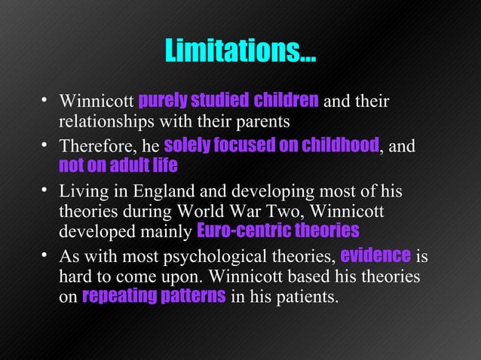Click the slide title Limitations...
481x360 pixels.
click(240, 52)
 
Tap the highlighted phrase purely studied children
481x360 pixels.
click(229, 101)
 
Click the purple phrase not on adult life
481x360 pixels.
click(118, 164)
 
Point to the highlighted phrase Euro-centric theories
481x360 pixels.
click(277, 230)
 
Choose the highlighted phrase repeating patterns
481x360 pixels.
click(154, 297)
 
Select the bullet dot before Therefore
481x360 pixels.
click(45, 144)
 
